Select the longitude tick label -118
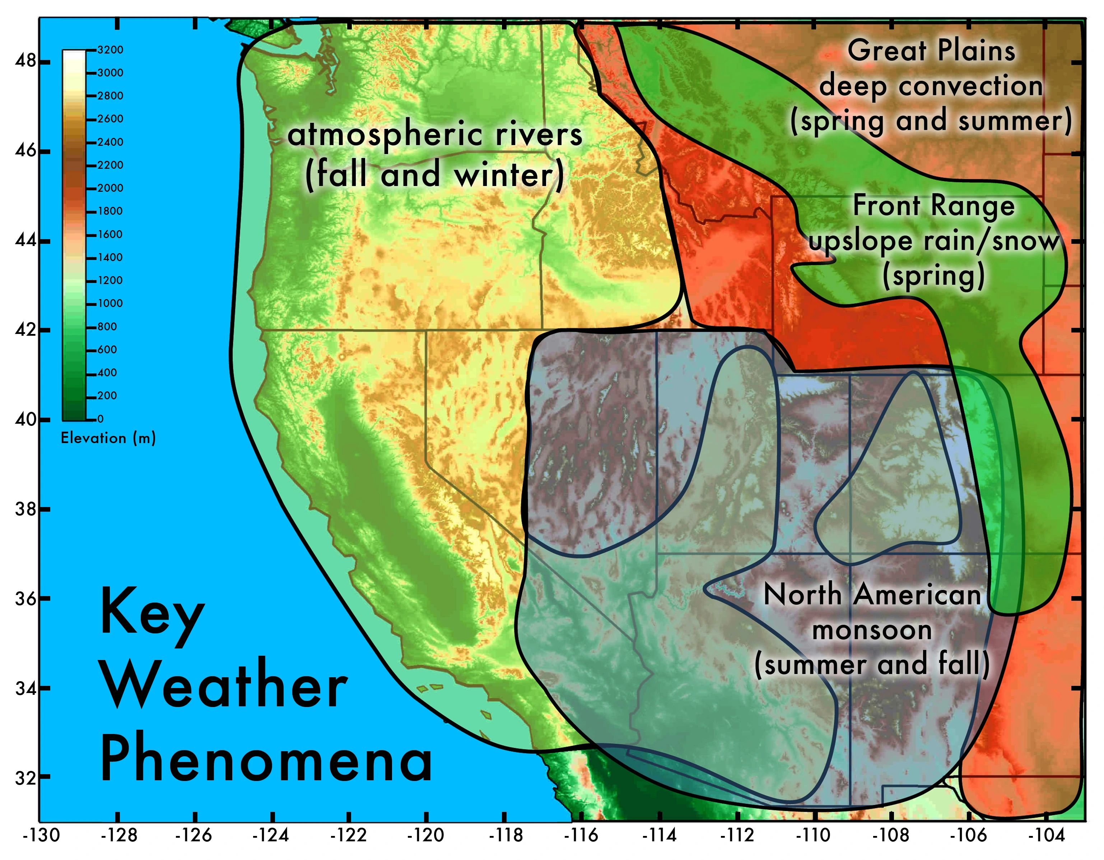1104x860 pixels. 506,836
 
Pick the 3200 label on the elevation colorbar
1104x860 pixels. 110,50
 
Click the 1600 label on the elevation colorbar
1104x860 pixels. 110,234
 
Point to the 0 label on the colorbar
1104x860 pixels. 100,419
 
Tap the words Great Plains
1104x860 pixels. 931,51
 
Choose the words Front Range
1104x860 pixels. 934,206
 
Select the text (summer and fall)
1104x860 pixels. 872,664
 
